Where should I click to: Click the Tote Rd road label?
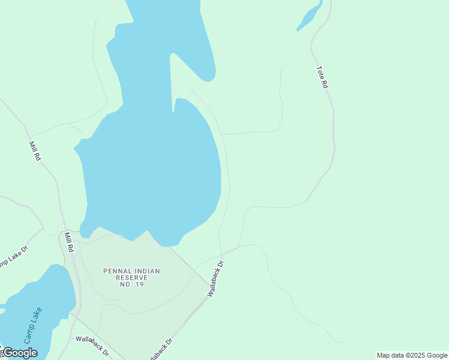click(322, 77)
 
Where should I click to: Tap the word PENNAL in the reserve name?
click(117, 271)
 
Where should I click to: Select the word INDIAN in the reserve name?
click(146, 271)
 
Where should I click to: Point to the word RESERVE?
click(131, 278)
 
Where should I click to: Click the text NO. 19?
click(131, 284)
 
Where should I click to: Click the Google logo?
click(20, 353)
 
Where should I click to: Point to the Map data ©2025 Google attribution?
click(412, 355)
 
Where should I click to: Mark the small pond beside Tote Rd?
click(310, 17)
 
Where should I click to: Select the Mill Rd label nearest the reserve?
click(69, 241)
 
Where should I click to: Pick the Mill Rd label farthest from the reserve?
click(35, 151)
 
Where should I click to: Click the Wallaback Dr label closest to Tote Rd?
click(215, 278)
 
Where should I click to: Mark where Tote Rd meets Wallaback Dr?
click(239, 246)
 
